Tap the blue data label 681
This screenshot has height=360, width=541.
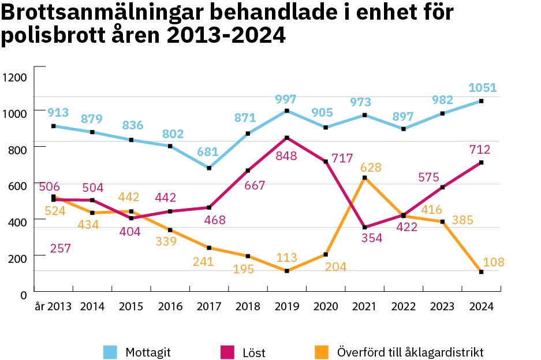tap(207, 153)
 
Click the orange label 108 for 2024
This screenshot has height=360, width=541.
tap(493, 262)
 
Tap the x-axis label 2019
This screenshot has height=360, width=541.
tap(286, 307)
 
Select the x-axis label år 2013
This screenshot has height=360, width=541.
tap(53, 307)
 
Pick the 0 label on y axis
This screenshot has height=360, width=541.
tap(24, 295)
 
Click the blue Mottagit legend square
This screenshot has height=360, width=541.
tap(110, 352)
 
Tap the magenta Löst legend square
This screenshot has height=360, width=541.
tap(227, 352)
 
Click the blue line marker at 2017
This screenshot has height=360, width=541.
tap(208, 168)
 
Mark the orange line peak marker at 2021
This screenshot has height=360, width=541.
tap(364, 177)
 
